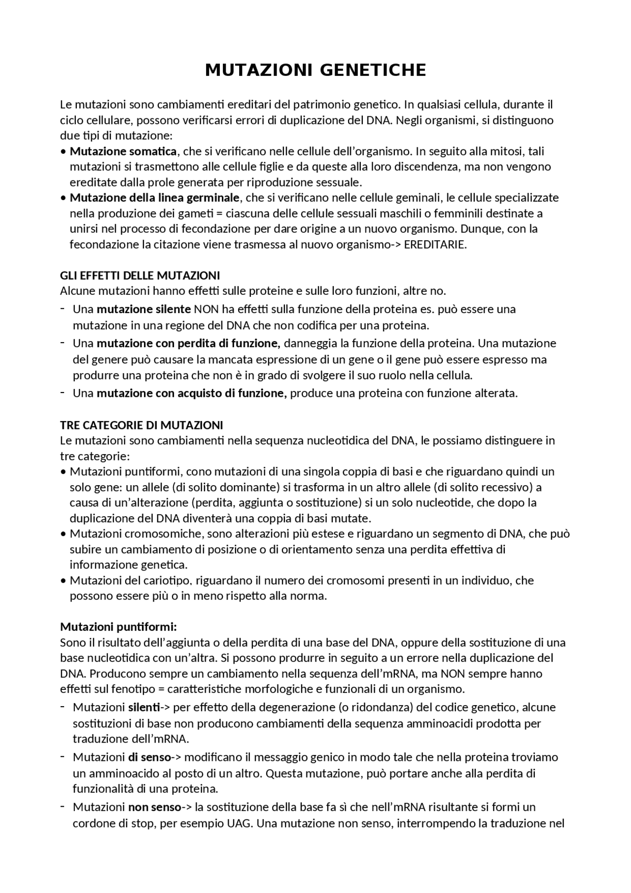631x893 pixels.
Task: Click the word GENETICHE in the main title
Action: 373,71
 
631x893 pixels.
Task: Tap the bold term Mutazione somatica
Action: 123,151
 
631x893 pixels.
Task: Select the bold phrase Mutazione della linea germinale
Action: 154,198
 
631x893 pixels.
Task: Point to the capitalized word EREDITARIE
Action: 434,245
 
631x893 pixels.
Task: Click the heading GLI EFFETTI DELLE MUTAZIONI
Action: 140,275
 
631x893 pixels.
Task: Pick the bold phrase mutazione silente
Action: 143,310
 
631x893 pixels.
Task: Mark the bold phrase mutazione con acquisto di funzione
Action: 191,393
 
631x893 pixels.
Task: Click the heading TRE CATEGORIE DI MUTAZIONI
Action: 141,425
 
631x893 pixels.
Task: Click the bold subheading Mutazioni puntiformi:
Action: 118,627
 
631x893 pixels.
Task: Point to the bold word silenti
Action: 144,708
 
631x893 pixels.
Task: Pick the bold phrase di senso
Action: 149,757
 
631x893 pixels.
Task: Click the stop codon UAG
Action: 241,823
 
